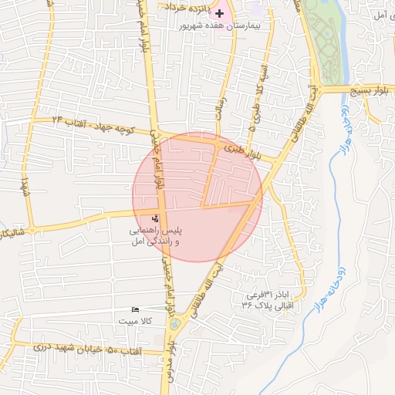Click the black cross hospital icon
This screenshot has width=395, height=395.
(219, 13)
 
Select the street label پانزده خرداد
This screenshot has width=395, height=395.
(185, 8)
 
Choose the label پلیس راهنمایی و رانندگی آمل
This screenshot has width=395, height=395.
(154, 237)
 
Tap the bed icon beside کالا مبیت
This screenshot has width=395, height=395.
(135, 309)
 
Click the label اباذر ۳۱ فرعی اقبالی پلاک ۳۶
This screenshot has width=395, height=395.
(270, 300)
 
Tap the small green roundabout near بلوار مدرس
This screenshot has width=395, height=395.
(174, 324)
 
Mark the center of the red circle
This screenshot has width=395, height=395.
(197, 197)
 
